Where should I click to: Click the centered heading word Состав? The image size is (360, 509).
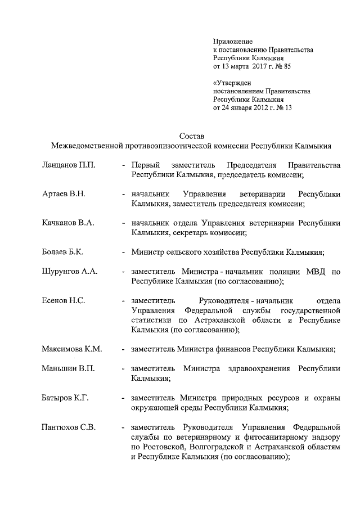(191, 137)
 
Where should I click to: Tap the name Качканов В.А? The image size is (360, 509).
(67, 223)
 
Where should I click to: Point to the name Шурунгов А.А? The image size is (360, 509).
(70, 272)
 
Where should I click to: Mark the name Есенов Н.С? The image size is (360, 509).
(63, 300)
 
